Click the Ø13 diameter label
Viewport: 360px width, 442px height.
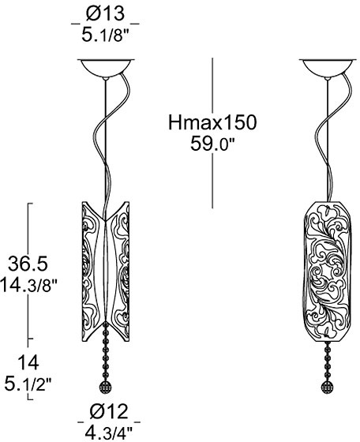(x=105, y=13)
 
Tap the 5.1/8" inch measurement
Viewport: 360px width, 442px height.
(x=105, y=36)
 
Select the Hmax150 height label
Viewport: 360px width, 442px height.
(x=212, y=122)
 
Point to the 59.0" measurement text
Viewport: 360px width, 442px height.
(x=212, y=144)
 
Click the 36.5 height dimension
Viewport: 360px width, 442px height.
(x=28, y=264)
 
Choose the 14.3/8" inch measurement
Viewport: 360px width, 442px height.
(x=28, y=285)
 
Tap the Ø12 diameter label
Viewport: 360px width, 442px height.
(x=109, y=411)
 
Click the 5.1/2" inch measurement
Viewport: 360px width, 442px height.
(x=28, y=384)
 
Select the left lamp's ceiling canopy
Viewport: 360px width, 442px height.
(x=106, y=68)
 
